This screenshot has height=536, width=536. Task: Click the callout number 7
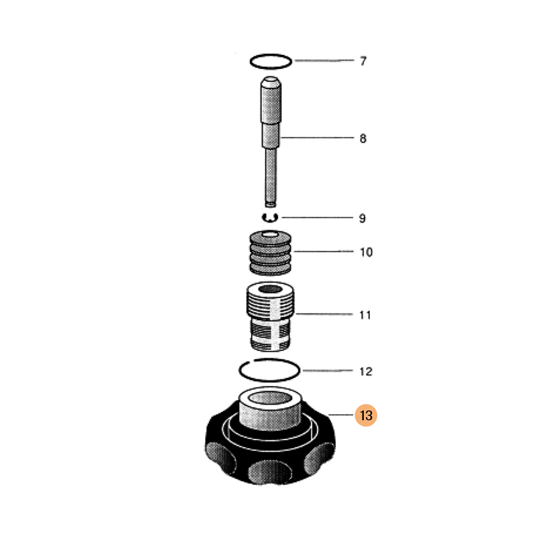pos(363,61)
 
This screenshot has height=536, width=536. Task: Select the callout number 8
pos(363,139)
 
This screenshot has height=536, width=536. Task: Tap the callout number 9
pos(362,218)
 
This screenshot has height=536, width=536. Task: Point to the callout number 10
pos(366,252)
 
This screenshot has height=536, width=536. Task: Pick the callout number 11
pos(365,315)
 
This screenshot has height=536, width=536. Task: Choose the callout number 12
pos(366,371)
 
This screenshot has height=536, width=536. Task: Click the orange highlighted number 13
pos(366,415)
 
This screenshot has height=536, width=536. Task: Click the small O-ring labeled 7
pos(271,55)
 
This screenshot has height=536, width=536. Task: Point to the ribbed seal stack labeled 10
pos(271,253)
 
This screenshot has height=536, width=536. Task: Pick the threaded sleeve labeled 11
pos(271,316)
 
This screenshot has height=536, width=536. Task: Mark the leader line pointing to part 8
pos(317,138)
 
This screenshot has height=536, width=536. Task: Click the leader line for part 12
pos(328,371)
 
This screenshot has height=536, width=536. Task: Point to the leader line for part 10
pos(324,251)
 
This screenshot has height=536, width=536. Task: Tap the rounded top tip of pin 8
pos(271,80)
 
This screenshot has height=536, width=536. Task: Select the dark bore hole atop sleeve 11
pos(270,289)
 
